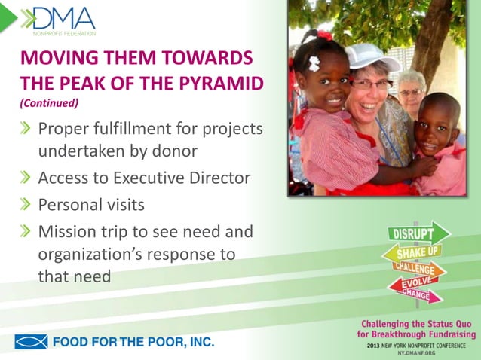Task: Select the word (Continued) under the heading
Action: [49, 103]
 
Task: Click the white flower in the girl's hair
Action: [314, 63]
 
